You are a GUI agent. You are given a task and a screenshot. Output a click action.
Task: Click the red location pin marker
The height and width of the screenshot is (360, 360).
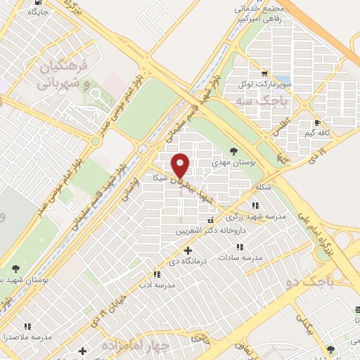pos(181,165)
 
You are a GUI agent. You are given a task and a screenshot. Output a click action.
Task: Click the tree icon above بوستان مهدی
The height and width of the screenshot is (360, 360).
pos(233,150)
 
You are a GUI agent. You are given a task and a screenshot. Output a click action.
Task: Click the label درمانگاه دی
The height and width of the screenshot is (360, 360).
pos(186,262)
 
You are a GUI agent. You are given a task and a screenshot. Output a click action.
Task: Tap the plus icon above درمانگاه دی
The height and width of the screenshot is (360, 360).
pos(187,250)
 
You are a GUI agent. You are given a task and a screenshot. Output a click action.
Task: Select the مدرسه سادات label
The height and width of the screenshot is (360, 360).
pos(240,258)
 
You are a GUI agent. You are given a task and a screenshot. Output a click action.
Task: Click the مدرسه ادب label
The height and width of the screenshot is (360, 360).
pos(155,285)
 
